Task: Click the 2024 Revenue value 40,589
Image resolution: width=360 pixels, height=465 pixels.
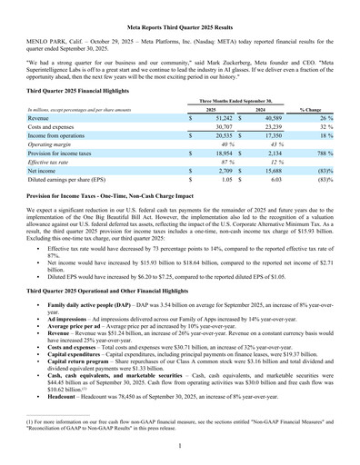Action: click(267, 119)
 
